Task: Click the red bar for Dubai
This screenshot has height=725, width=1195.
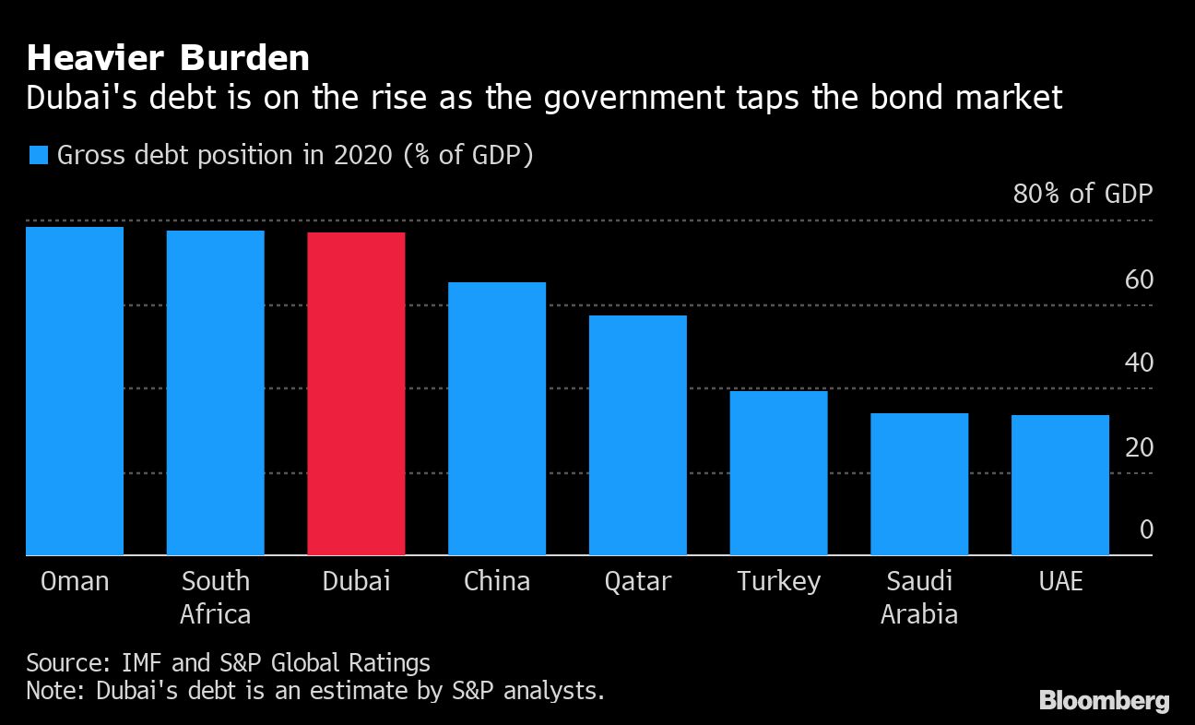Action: click(356, 394)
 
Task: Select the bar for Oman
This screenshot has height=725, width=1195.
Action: click(75, 391)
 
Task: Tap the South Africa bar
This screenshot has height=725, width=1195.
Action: click(215, 393)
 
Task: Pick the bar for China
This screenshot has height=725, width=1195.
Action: click(497, 419)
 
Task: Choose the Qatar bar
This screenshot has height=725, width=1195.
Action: click(637, 435)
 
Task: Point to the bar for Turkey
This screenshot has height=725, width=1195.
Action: click(778, 473)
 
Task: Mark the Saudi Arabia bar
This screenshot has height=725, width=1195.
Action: click(919, 484)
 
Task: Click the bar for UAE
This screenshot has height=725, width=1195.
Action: click(1059, 485)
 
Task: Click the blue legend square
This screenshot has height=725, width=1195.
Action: click(38, 155)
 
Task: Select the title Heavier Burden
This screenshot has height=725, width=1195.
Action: click(168, 59)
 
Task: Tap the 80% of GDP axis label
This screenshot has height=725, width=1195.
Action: click(1083, 194)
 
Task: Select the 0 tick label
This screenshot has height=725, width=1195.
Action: click(1146, 529)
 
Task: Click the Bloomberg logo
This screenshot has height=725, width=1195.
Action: click(1104, 701)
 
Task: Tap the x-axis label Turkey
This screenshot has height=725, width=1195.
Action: click(778, 581)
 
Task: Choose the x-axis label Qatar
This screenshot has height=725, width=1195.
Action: click(637, 581)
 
